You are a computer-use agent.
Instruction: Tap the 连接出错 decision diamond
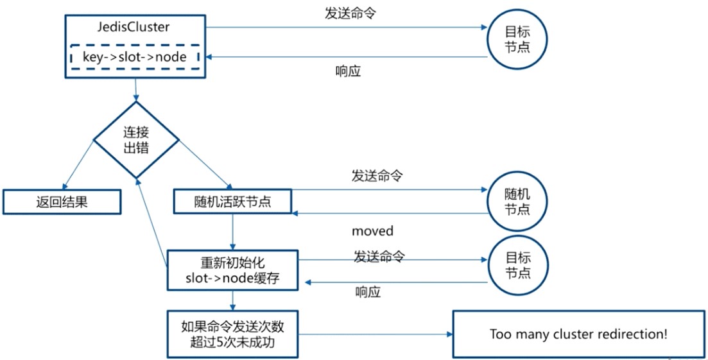coord(136,141)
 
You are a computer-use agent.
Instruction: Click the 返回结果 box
coord(62,201)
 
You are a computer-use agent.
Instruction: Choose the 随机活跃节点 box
coord(232,201)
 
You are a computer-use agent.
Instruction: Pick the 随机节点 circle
coord(517,201)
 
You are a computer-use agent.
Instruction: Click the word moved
coord(372,230)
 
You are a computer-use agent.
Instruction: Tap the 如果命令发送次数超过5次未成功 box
coord(232,334)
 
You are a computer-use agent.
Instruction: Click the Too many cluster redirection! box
coord(578,334)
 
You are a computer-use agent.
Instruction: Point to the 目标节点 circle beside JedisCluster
coord(517,39)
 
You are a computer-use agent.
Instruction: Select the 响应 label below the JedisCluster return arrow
coord(348,71)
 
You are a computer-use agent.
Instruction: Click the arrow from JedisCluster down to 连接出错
coord(136,89)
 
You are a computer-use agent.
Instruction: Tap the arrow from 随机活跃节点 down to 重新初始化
coord(232,232)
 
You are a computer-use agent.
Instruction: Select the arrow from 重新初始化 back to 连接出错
coord(152,218)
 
